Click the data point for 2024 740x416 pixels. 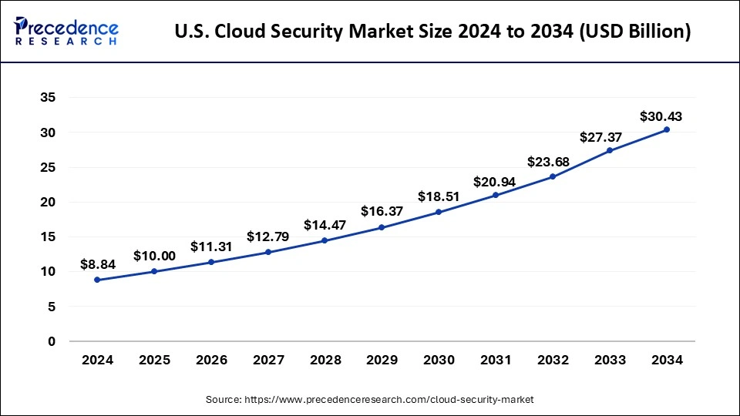pyautogui.click(x=97, y=280)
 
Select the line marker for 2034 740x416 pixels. pyautogui.click(x=667, y=129)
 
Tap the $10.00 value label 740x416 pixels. pyautogui.click(x=154, y=256)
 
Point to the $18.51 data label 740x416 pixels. pyautogui.click(x=439, y=196)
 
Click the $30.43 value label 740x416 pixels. pyautogui.click(x=661, y=116)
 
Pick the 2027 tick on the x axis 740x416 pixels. pyautogui.click(x=267, y=359)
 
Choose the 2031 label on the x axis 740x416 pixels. pyautogui.click(x=496, y=359)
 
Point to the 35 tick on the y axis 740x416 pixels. pyautogui.click(x=47, y=98)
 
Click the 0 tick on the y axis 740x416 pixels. pyautogui.click(x=51, y=341)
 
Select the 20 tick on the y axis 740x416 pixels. pyautogui.click(x=47, y=202)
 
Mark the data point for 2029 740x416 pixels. pyautogui.click(x=382, y=227)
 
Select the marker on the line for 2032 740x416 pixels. pyautogui.click(x=553, y=176)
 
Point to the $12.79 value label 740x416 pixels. pyautogui.click(x=267, y=237)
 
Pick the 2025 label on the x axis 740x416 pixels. pyautogui.click(x=154, y=359)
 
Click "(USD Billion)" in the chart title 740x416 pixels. pyautogui.click(x=637, y=32)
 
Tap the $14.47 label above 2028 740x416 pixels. pyautogui.click(x=325, y=225)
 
